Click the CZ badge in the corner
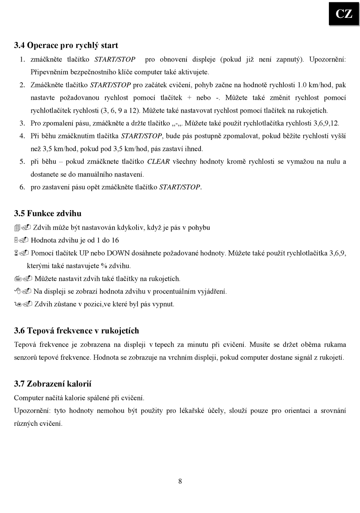point(344,14)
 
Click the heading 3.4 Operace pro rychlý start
point(66,45)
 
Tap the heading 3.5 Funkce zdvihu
point(48,213)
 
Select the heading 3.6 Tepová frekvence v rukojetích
point(77,331)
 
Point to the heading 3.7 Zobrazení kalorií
point(53,384)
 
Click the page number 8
point(180,481)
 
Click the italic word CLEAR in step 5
point(158,162)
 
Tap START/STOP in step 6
point(180,187)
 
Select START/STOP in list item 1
point(115,60)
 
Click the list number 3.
point(22,123)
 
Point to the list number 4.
point(22,136)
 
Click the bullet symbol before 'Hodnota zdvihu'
point(21,240)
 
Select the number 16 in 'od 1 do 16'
point(115,240)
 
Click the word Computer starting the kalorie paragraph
point(29,398)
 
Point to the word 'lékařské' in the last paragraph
point(193,411)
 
